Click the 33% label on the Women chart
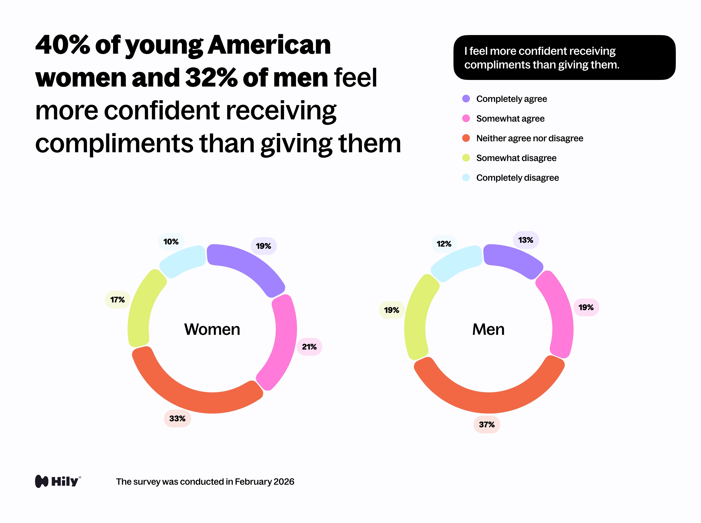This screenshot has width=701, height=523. (177, 418)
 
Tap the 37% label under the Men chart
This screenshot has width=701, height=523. (487, 424)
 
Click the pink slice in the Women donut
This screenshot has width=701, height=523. (283, 342)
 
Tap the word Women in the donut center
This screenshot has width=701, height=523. (212, 329)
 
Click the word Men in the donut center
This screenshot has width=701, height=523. (488, 329)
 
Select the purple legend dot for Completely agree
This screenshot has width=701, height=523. (466, 99)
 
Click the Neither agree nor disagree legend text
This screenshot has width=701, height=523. (529, 138)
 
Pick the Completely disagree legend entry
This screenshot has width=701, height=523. (517, 178)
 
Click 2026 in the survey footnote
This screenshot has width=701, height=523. (284, 482)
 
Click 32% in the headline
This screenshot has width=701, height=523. (211, 77)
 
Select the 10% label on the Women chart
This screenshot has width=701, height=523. (171, 242)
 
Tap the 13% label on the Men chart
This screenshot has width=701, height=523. (525, 240)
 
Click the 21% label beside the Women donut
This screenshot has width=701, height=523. (309, 347)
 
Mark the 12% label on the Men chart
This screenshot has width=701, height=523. (444, 244)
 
